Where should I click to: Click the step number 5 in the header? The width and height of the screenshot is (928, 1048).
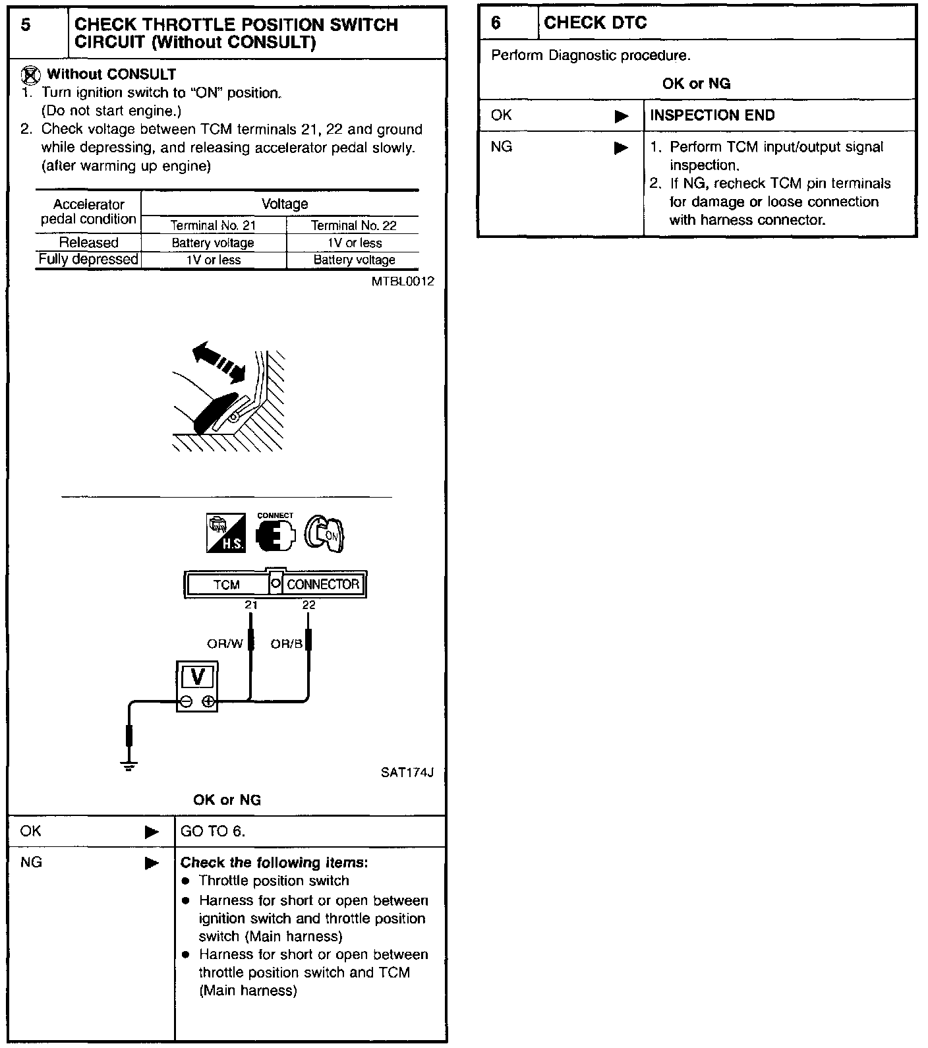[x=26, y=25]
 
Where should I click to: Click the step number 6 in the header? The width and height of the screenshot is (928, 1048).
[x=496, y=23]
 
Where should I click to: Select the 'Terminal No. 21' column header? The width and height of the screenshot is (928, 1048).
[x=213, y=225]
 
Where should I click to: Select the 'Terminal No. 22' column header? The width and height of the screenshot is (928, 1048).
[x=353, y=225]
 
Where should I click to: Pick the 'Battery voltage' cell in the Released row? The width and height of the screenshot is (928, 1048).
[x=213, y=243]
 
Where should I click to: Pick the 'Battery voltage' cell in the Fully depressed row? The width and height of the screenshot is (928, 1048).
[x=354, y=260]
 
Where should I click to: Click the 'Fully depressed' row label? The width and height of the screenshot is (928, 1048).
[x=88, y=259]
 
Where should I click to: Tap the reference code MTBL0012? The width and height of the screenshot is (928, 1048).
[x=403, y=281]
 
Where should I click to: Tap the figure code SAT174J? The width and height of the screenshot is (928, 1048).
[x=407, y=772]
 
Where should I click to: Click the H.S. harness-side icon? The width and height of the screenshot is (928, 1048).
[x=226, y=533]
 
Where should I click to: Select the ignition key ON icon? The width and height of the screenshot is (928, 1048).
[x=326, y=533]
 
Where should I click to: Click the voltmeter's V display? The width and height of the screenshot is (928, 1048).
[x=196, y=677]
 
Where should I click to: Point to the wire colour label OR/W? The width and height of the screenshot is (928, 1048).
[x=225, y=643]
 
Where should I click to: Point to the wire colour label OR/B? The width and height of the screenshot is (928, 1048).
[x=286, y=643]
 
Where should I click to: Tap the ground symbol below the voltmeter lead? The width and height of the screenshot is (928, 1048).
[x=129, y=766]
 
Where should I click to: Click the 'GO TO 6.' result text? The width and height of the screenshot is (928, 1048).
[x=213, y=831]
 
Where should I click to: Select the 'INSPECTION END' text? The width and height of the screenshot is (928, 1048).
[x=712, y=115]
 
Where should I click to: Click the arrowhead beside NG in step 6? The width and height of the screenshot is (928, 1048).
[x=621, y=148]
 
